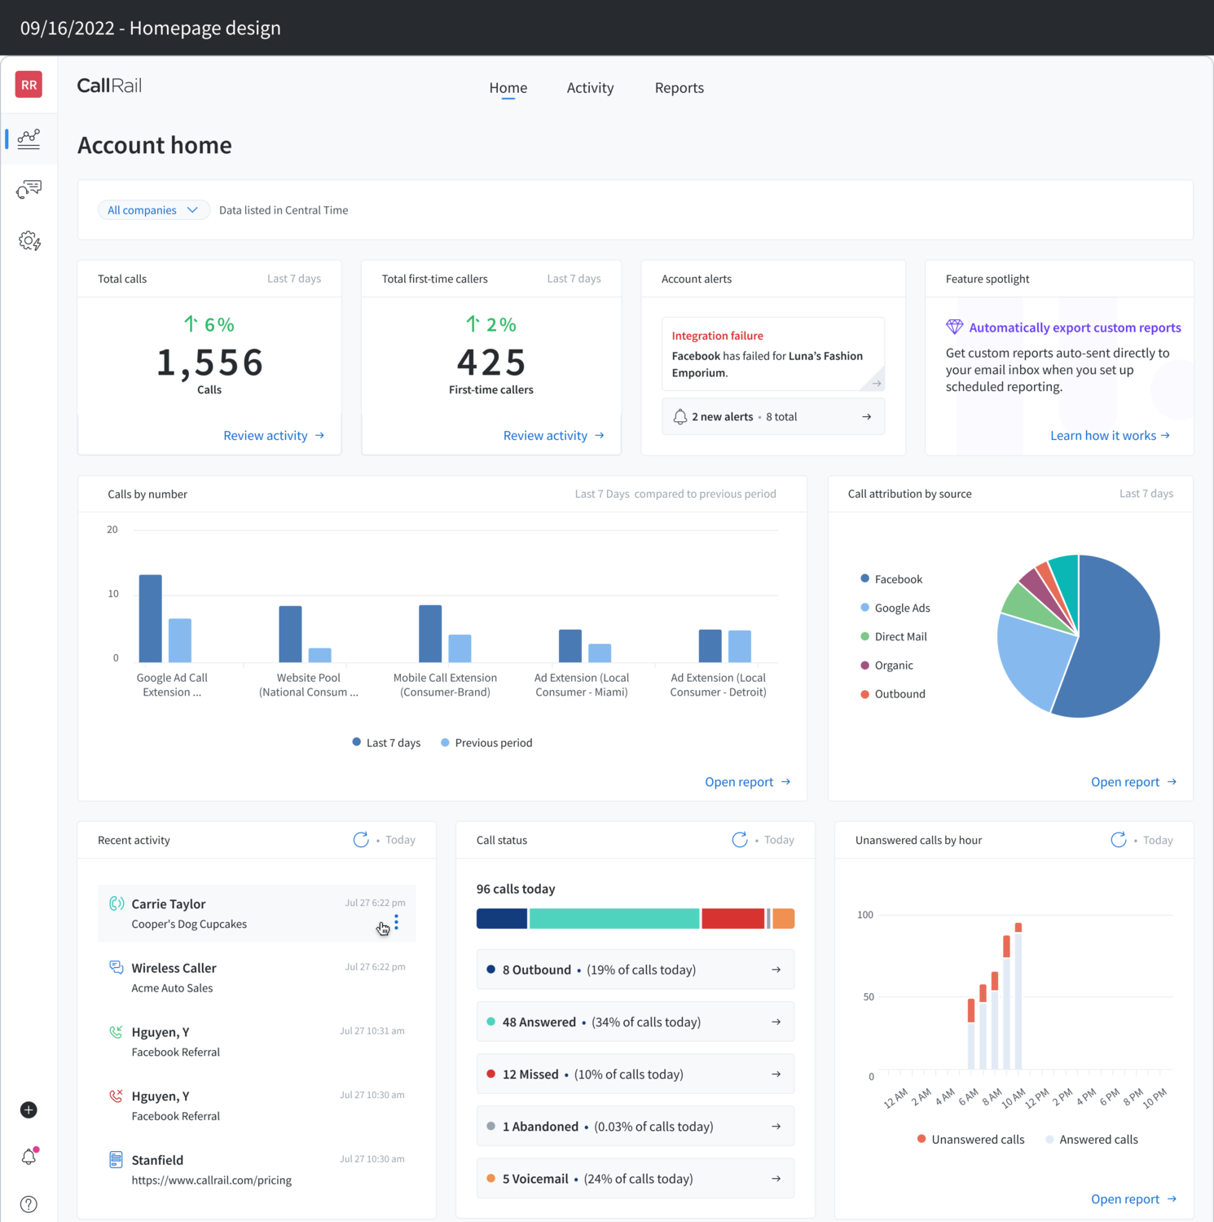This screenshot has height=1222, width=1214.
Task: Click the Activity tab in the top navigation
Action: click(x=590, y=88)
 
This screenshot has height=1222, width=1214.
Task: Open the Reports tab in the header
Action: click(x=679, y=88)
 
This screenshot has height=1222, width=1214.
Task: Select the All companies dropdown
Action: click(x=153, y=210)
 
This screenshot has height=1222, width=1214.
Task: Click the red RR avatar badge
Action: click(x=29, y=85)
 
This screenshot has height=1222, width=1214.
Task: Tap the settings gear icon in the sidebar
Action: click(x=29, y=241)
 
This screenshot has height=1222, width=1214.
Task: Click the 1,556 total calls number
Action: click(x=209, y=363)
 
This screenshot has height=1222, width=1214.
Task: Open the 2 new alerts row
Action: click(x=772, y=417)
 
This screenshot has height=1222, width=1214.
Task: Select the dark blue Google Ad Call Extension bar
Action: click(x=151, y=619)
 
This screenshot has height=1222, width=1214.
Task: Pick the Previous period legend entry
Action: click(x=486, y=743)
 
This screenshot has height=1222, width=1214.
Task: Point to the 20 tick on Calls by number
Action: click(x=112, y=530)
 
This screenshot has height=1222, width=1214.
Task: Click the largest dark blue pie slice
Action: click(x=1116, y=644)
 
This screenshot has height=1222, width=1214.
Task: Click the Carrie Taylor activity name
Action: click(x=169, y=904)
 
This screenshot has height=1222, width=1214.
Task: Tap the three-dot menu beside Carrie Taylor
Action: click(x=396, y=921)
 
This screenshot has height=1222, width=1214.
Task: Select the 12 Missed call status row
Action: click(x=635, y=1075)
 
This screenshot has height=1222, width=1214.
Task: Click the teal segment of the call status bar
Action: click(x=614, y=919)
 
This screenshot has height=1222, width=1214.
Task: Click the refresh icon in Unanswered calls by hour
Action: click(x=1119, y=840)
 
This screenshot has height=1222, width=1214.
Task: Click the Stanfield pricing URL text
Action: click(x=212, y=1180)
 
